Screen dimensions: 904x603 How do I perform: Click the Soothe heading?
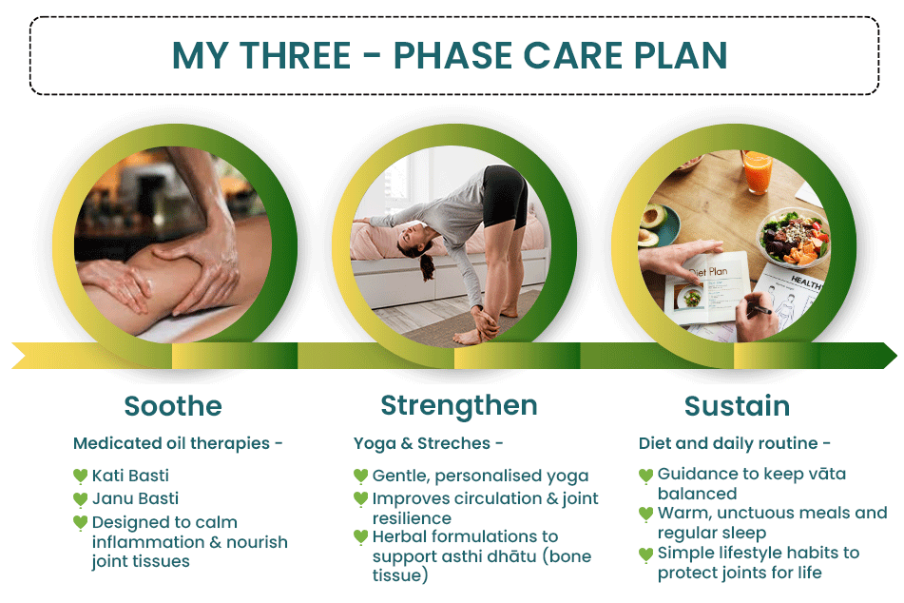click(173, 406)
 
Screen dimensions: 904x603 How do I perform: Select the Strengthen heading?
click(459, 407)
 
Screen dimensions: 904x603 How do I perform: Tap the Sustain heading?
click(737, 406)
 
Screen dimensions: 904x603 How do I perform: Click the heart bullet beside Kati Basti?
click(80, 477)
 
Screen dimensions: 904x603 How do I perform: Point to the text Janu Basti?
click(136, 498)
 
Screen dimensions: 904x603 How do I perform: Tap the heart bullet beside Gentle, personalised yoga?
click(360, 477)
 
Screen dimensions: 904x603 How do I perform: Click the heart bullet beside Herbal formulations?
click(360, 537)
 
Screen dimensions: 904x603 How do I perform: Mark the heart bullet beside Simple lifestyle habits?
click(645, 554)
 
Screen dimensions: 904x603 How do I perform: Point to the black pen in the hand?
click(760, 310)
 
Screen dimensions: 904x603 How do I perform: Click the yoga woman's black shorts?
click(504, 196)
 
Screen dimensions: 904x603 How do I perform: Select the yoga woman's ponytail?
click(427, 267)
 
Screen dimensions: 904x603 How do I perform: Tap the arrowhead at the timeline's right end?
click(887, 356)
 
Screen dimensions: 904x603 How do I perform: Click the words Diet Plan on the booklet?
click(708, 272)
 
